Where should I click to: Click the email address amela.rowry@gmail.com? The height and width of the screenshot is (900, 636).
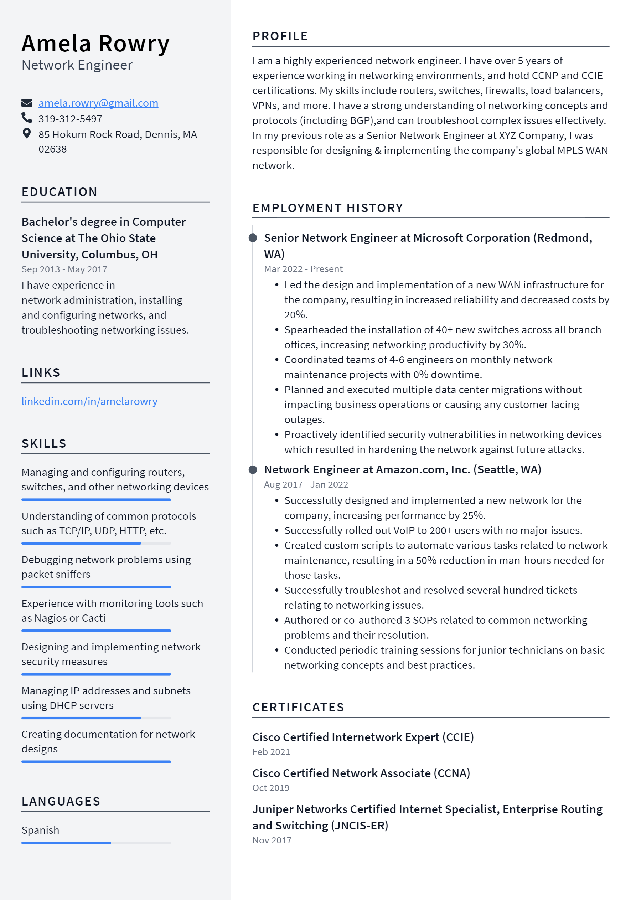click(x=98, y=103)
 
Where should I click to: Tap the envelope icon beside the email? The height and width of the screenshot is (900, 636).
click(x=27, y=103)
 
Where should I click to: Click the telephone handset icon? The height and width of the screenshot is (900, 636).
click(x=27, y=118)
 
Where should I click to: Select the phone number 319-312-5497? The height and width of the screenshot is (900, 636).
click(x=70, y=119)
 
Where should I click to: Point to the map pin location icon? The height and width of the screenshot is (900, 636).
click(x=27, y=134)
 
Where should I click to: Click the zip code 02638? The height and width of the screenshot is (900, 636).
click(x=52, y=149)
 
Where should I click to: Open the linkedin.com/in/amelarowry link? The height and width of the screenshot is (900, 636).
click(x=89, y=401)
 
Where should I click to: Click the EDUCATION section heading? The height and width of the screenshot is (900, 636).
click(x=60, y=192)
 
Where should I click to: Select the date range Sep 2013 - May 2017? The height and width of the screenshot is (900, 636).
click(x=64, y=269)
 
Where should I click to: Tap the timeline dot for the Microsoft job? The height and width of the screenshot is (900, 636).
click(x=253, y=238)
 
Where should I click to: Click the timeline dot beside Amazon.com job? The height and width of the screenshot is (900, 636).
click(x=253, y=469)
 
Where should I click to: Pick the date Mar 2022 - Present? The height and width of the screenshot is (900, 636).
click(x=303, y=269)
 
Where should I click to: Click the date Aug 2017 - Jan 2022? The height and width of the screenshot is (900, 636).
click(x=306, y=484)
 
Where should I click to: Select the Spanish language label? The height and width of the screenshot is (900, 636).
click(x=40, y=830)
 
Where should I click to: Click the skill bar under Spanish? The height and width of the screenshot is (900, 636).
click(x=96, y=843)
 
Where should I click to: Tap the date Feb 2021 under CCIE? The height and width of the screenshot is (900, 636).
click(x=271, y=752)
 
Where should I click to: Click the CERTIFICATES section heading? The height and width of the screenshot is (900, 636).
click(x=298, y=707)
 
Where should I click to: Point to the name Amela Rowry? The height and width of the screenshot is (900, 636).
click(x=95, y=43)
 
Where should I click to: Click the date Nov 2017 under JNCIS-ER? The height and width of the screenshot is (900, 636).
click(x=272, y=840)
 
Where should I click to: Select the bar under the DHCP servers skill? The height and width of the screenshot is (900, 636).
click(x=96, y=718)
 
